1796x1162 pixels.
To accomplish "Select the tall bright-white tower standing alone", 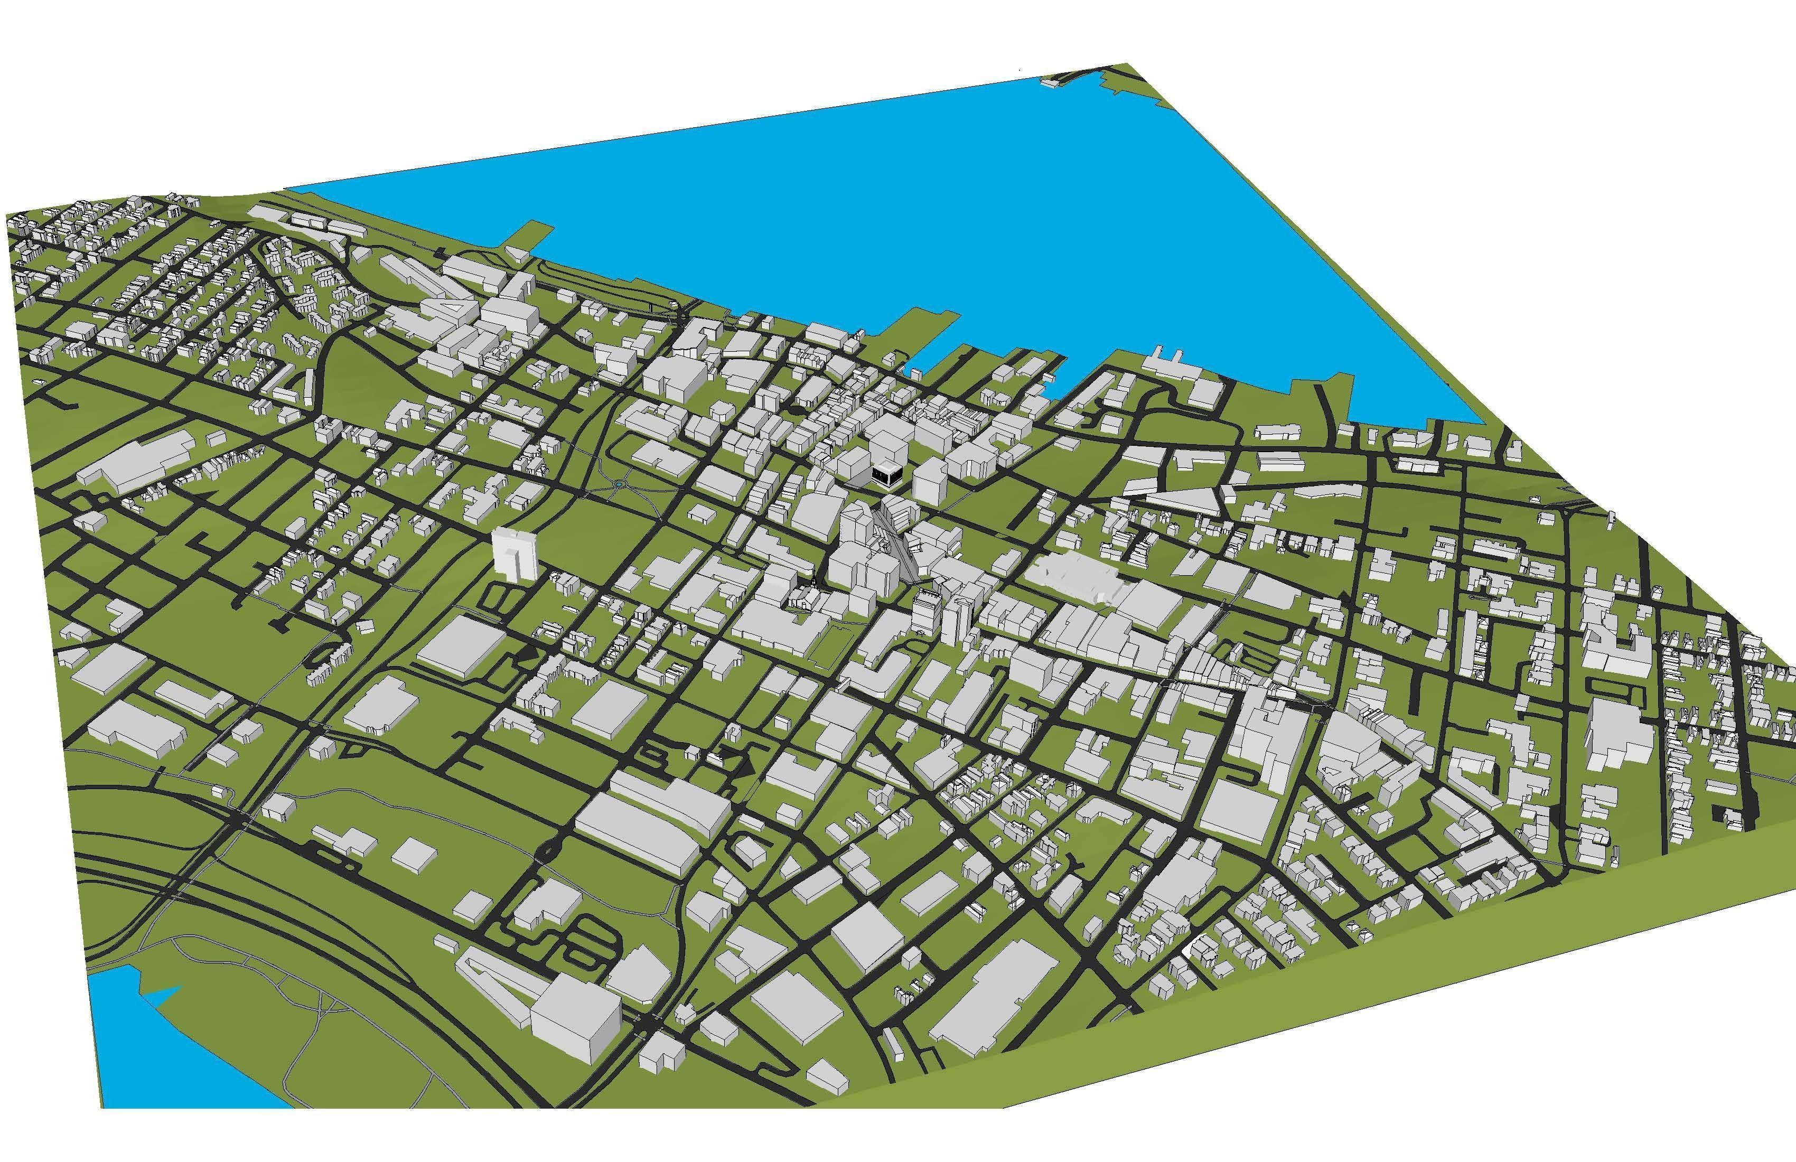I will coord(514,555).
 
